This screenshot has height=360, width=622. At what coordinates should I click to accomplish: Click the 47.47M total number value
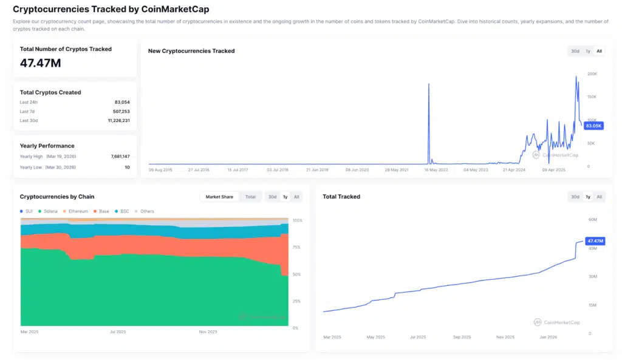coord(40,63)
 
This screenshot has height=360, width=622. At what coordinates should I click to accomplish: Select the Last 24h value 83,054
coord(121,102)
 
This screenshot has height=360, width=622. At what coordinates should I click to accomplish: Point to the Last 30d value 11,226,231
coord(118,121)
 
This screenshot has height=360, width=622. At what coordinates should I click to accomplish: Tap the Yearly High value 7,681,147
coord(120,156)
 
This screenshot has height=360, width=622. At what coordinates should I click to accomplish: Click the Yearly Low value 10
coord(127,167)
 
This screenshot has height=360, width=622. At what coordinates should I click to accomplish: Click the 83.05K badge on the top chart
coord(592,126)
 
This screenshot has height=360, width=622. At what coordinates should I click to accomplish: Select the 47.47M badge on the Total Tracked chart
coord(595,241)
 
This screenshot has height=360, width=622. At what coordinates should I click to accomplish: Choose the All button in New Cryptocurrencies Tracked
coord(599,51)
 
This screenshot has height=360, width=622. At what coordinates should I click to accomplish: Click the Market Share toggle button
coord(220,197)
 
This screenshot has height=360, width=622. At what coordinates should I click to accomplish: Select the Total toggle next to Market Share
coord(250,197)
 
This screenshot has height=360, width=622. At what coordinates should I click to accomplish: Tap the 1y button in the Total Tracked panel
coord(587,197)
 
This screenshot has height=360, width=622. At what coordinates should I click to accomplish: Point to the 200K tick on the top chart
coord(592,73)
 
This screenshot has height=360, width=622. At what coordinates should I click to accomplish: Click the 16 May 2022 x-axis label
coord(435,170)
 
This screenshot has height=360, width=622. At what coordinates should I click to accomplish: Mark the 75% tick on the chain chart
coord(297,247)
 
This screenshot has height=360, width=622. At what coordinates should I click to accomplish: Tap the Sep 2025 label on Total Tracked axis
coord(462,337)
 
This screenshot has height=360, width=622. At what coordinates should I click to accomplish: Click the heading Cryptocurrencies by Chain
coord(57,197)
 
